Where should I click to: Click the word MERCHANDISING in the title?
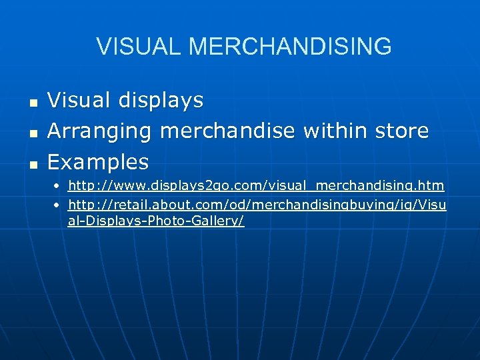click(290, 47)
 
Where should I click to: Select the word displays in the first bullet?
click(161, 101)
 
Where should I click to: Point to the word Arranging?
click(100, 131)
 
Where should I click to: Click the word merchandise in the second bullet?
click(227, 131)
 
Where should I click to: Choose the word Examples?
click(98, 162)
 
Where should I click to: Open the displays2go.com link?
click(256, 185)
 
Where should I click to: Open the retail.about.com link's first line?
click(257, 204)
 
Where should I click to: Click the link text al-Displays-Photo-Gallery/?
click(156, 221)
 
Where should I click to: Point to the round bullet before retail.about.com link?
click(58, 205)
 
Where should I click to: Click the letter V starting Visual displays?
click(55, 101)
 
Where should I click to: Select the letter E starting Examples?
click(53, 162)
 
